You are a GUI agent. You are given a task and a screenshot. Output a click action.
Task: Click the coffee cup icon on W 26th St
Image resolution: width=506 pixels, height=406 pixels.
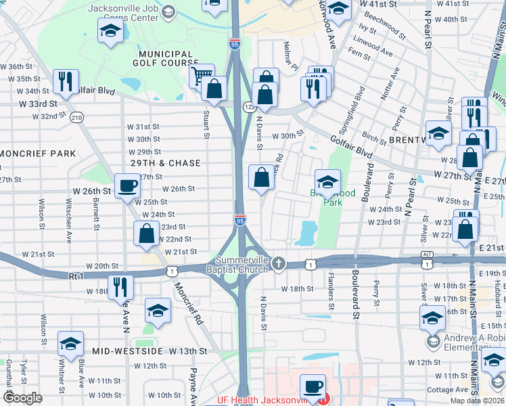(127, 186)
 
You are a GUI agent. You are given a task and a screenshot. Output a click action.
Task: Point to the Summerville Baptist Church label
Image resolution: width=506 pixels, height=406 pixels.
(242, 265)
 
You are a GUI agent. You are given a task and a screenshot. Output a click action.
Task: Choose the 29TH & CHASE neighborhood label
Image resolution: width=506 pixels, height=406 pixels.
(166, 163)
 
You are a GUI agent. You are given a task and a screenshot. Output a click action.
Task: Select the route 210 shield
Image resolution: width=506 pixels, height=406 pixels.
(76, 117)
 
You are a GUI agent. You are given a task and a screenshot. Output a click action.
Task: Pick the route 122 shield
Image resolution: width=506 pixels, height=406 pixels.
(248, 106)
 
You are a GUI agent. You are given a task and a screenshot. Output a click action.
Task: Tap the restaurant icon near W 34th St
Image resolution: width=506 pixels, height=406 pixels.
(66, 81)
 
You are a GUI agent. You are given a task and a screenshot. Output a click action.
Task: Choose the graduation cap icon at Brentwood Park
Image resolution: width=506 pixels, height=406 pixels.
(327, 181)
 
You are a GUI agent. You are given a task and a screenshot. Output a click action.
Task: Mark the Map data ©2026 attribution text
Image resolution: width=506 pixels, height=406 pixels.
(476, 401)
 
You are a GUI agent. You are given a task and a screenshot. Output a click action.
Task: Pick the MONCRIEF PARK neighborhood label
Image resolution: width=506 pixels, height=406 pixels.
(38, 154)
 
